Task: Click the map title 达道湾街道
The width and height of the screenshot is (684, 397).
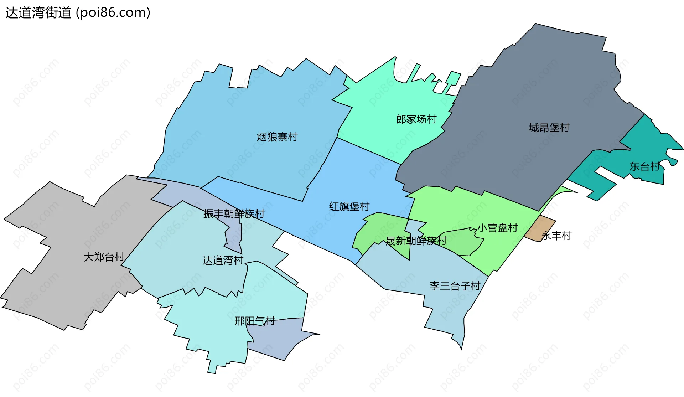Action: [38, 13]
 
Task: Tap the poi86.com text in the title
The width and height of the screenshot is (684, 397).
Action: [113, 13]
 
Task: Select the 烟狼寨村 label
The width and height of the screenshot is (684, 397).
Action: [277, 137]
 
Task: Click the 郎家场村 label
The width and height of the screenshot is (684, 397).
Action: [416, 119]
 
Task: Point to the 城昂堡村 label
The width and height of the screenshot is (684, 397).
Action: [549, 128]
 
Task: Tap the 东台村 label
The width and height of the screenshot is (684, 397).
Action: [644, 166]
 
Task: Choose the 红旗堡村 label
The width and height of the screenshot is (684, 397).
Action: [349, 206]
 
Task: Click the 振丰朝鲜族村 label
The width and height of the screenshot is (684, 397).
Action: [234, 213]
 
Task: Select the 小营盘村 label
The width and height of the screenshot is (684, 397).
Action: [497, 228]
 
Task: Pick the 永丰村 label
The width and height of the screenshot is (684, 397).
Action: [556, 236]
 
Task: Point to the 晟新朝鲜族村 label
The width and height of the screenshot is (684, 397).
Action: [416, 241]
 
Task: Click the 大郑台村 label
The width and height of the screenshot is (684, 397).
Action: [104, 257]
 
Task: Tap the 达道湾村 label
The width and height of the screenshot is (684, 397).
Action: [223, 261]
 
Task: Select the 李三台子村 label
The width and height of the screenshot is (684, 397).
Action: [455, 286]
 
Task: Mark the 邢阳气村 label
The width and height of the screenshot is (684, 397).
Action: [255, 321]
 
